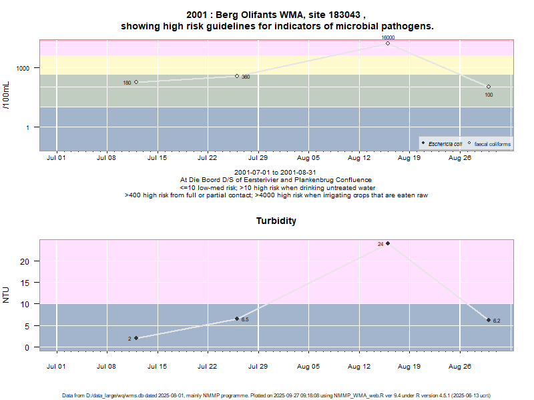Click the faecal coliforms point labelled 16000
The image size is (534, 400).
tap(388, 43)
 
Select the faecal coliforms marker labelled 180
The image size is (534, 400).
tap(136, 82)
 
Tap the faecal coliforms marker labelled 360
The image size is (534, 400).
tap(237, 76)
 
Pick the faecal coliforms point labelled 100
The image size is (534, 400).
tap(489, 87)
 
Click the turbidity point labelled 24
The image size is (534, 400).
tap(388, 243)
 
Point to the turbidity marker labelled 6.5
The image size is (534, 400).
tap(237, 319)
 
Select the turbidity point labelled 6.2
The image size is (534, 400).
tap(489, 320)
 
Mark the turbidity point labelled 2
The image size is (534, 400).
tap(136, 338)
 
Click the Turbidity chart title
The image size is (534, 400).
tap(276, 221)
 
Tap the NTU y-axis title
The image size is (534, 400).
tap(7, 294)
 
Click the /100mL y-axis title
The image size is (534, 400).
tap(7, 95)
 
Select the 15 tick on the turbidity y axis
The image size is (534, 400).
tap(25, 283)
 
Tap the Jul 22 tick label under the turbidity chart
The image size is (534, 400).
tap(207, 367)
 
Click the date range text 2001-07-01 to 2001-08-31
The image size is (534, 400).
tap(276, 172)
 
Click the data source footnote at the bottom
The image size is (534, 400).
tap(276, 395)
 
